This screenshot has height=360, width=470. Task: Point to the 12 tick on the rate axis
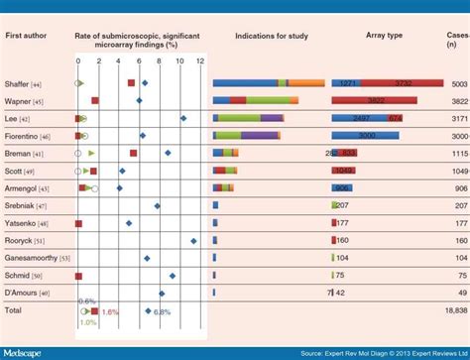click(x=199, y=61)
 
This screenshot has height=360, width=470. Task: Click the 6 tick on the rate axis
click(x=139, y=61)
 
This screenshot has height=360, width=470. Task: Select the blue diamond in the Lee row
click(x=183, y=118)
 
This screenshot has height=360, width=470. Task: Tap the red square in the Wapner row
click(x=95, y=101)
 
